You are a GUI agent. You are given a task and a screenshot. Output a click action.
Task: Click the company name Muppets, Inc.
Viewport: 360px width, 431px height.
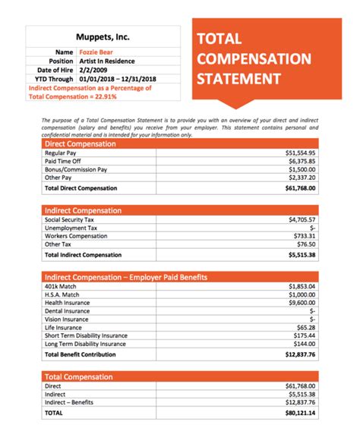pos(103,36)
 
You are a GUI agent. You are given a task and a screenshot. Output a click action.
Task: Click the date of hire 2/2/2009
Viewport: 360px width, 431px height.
pos(94,70)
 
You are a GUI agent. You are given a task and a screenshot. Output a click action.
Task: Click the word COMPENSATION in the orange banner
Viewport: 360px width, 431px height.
pos(254,58)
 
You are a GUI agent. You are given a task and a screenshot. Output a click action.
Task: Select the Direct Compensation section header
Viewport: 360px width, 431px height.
pos(81,143)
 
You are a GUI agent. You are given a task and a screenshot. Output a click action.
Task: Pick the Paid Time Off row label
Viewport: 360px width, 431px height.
pos(64,161)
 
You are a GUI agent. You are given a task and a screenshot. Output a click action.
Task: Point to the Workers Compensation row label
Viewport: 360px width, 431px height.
pos(76,236)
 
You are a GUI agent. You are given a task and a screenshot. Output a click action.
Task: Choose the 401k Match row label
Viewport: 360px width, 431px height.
pos(62,285)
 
